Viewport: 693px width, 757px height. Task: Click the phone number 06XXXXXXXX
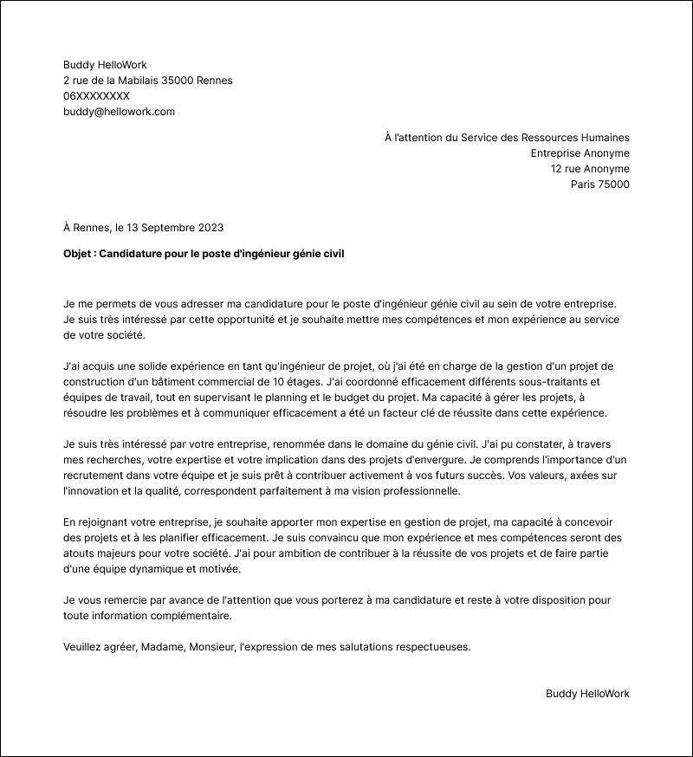click(96, 96)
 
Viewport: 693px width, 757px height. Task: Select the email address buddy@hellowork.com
click(120, 112)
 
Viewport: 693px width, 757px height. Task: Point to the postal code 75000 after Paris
click(614, 184)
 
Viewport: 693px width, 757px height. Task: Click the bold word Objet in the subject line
click(79, 253)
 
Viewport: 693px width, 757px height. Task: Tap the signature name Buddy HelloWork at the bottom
click(587, 694)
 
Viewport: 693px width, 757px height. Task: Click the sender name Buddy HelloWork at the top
click(105, 65)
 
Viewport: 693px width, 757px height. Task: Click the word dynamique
click(155, 569)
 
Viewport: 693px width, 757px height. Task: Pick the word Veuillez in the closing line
click(84, 647)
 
